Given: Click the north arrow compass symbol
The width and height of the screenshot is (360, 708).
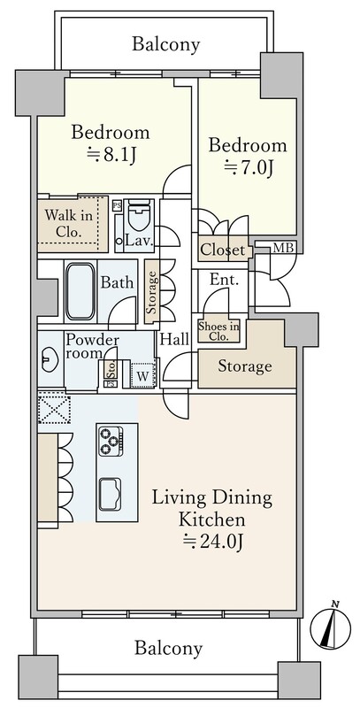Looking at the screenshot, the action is [x=331, y=627].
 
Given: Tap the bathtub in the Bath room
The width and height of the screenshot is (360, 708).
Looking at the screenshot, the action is [x=80, y=291].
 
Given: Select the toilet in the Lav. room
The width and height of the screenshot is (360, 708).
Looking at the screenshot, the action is [x=139, y=218].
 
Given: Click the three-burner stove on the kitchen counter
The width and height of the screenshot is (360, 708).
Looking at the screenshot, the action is [x=110, y=441].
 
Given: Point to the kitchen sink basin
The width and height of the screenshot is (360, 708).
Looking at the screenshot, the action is [x=110, y=494].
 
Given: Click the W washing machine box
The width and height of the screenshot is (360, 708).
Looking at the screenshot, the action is [x=142, y=374].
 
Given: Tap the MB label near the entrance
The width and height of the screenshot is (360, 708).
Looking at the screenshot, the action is [x=284, y=248].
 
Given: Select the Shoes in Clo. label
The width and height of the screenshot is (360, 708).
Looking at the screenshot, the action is [x=219, y=331].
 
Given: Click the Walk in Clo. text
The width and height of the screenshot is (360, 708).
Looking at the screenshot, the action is [x=69, y=224].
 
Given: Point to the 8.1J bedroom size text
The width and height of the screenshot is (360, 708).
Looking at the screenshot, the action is [x=111, y=156].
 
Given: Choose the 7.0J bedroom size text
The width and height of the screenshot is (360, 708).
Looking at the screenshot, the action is [x=249, y=168].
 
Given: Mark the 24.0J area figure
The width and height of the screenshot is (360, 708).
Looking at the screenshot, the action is [x=213, y=541].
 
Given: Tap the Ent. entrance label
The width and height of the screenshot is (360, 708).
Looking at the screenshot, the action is [x=224, y=280].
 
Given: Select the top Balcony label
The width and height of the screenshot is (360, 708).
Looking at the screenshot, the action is [x=166, y=44].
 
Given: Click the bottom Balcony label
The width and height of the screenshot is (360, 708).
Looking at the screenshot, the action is [x=169, y=649].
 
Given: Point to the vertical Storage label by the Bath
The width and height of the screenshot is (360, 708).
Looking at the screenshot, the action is [x=151, y=292].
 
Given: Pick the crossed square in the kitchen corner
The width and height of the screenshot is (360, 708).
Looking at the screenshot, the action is [x=54, y=409].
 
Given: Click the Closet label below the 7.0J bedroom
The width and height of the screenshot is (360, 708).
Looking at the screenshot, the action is [x=223, y=250].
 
